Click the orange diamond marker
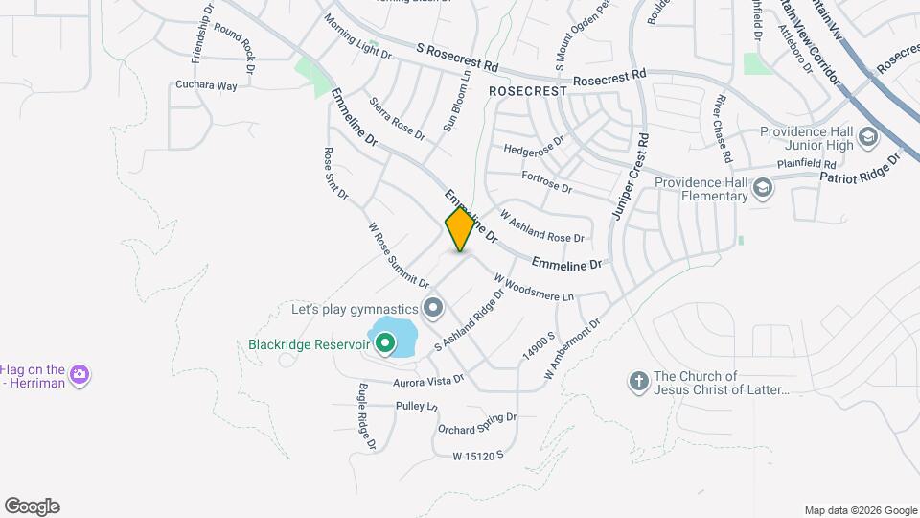pos(460,228)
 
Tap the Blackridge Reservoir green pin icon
pos(385,342)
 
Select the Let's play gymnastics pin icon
pos(433,308)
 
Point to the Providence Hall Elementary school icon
pos(763,187)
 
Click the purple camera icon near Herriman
pos(80,375)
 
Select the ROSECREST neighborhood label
pos(527,89)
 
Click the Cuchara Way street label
pos(206,85)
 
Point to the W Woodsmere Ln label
pos(534,288)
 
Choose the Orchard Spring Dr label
pos(477,423)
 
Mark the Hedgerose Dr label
pos(535,151)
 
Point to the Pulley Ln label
pos(417,407)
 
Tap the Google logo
pos(32,506)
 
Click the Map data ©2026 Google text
pos(860,510)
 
